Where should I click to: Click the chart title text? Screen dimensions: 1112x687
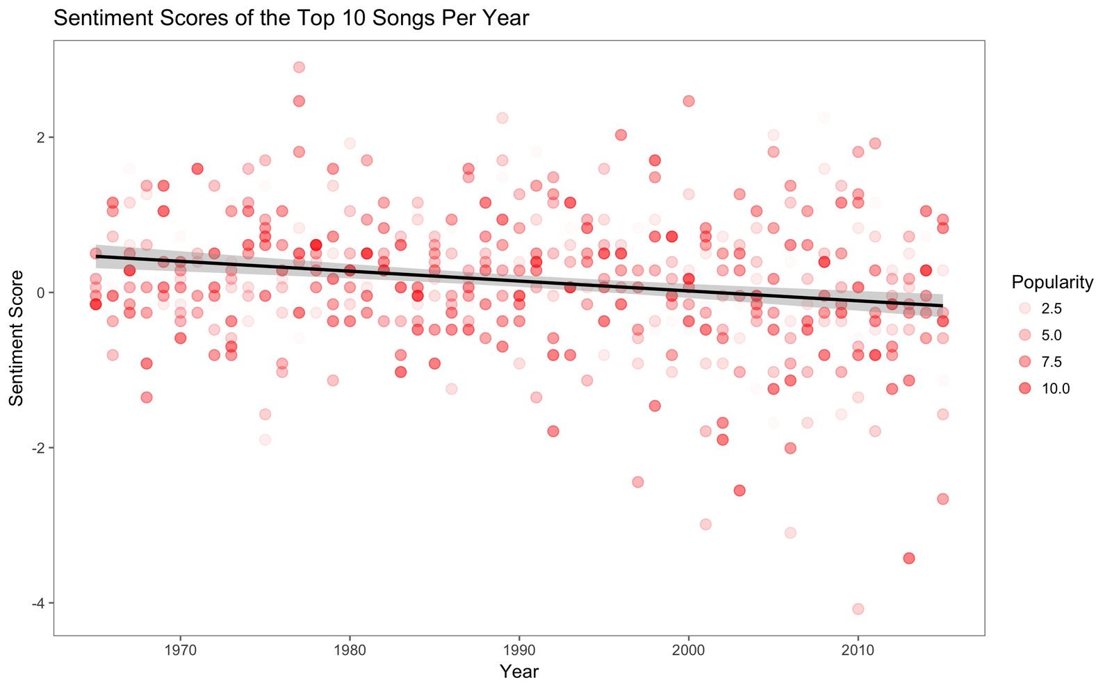(291, 18)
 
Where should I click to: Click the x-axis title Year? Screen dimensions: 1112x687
(518, 671)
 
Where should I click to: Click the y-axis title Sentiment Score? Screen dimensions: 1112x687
(17, 338)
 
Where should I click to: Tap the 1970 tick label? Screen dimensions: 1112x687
(180, 650)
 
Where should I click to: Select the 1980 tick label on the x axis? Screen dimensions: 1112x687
(350, 650)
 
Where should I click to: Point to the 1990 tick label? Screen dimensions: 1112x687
(518, 650)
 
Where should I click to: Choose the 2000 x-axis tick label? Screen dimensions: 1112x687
(688, 650)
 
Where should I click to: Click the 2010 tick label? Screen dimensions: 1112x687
(858, 650)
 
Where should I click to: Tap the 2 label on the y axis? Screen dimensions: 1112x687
(41, 138)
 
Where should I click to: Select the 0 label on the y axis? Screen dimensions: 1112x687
(41, 292)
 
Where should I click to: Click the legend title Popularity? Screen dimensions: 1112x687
(1052, 283)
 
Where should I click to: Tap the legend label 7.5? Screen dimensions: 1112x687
(1052, 362)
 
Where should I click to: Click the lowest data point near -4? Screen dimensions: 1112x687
(858, 609)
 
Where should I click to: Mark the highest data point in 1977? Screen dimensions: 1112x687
(299, 67)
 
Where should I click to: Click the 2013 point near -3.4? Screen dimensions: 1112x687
(909, 558)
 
